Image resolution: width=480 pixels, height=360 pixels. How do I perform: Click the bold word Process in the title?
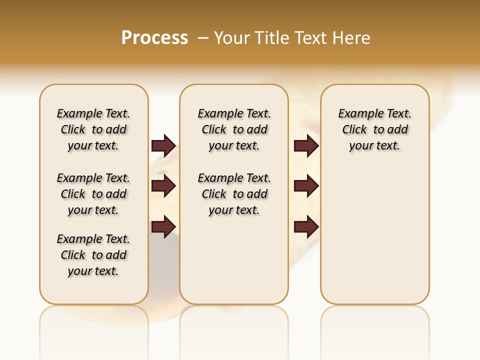tap(154, 37)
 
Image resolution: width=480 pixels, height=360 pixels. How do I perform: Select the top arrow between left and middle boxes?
tap(163, 145)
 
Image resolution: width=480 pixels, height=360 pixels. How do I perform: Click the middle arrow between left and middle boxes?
tap(163, 186)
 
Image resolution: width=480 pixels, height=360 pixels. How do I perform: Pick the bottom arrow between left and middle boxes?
tap(163, 226)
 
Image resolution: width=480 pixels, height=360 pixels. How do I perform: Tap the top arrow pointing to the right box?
tap(306, 145)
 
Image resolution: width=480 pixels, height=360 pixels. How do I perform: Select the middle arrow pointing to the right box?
tap(306, 186)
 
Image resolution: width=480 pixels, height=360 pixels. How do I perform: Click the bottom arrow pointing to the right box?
tap(306, 226)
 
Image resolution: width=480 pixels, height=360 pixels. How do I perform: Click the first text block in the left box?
tap(93, 129)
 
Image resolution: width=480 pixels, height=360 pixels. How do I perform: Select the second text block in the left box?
tap(93, 194)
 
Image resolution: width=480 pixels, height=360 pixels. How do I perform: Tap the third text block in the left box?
tap(93, 255)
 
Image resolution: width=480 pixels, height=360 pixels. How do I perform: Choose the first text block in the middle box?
tap(234, 129)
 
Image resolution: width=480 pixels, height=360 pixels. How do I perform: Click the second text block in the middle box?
tap(234, 194)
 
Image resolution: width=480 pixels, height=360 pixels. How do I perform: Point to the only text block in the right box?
tap(374, 129)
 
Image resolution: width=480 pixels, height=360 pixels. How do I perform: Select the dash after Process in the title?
tap(203, 37)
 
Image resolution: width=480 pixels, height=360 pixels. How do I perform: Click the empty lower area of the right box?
tap(374, 240)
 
